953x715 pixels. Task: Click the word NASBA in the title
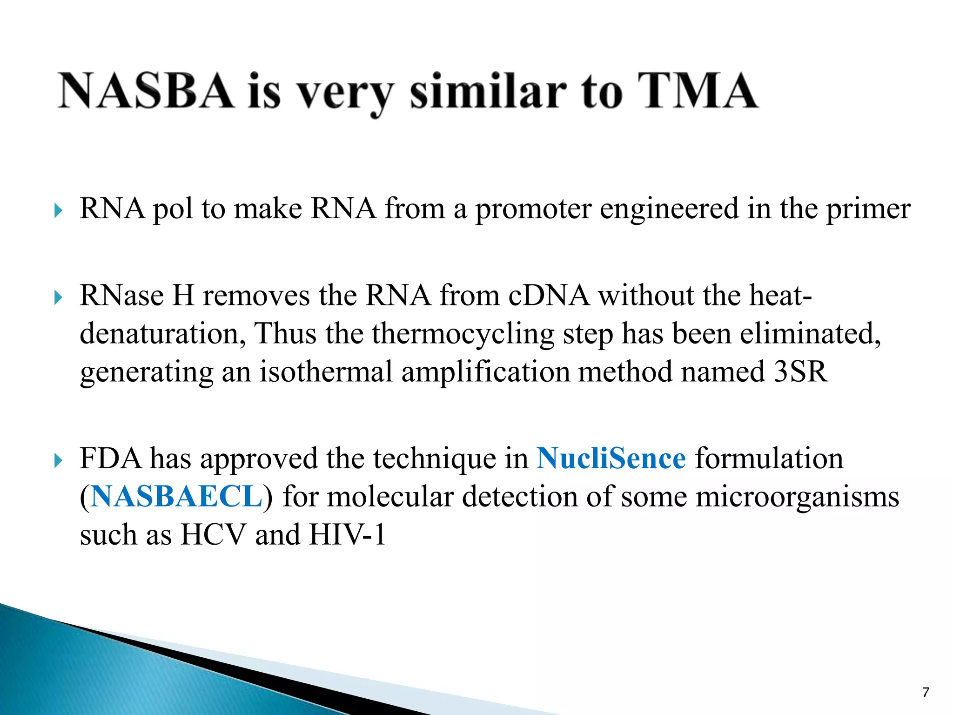[145, 91]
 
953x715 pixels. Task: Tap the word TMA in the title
[697, 91]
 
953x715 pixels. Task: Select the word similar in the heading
[488, 92]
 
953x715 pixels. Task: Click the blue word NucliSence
[611, 458]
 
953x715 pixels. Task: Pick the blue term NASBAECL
[176, 496]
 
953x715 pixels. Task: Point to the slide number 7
[926, 692]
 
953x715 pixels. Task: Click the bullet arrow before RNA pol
[58, 211]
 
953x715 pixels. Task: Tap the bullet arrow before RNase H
[58, 297]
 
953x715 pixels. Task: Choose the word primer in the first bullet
[868, 209]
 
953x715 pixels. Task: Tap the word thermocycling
[463, 334]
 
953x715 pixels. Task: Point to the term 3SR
[801, 371]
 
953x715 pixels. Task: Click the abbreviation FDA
[110, 458]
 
